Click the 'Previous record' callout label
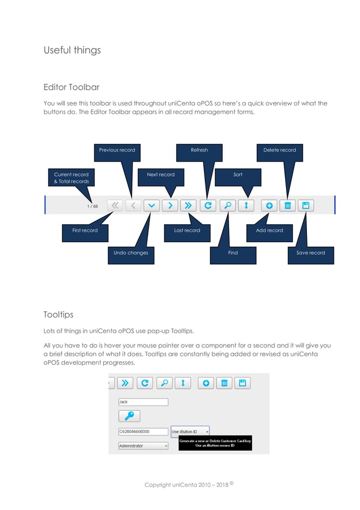[x=117, y=150]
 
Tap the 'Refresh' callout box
[x=199, y=150]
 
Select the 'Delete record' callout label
[x=279, y=150]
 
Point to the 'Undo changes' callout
[x=130, y=253]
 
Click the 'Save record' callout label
[x=310, y=253]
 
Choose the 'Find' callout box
[x=233, y=253]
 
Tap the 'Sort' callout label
[x=238, y=175]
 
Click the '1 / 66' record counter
[x=92, y=206]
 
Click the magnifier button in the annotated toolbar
[x=227, y=206]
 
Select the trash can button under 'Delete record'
[x=287, y=206]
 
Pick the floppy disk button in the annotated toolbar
[x=305, y=206]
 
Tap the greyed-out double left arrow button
[x=115, y=206]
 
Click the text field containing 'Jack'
[x=143, y=402]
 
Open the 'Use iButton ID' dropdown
[x=190, y=431]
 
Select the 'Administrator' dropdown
[x=143, y=446]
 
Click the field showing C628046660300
[x=143, y=431]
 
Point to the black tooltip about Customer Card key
[x=215, y=443]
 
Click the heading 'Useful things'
[x=72, y=50]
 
